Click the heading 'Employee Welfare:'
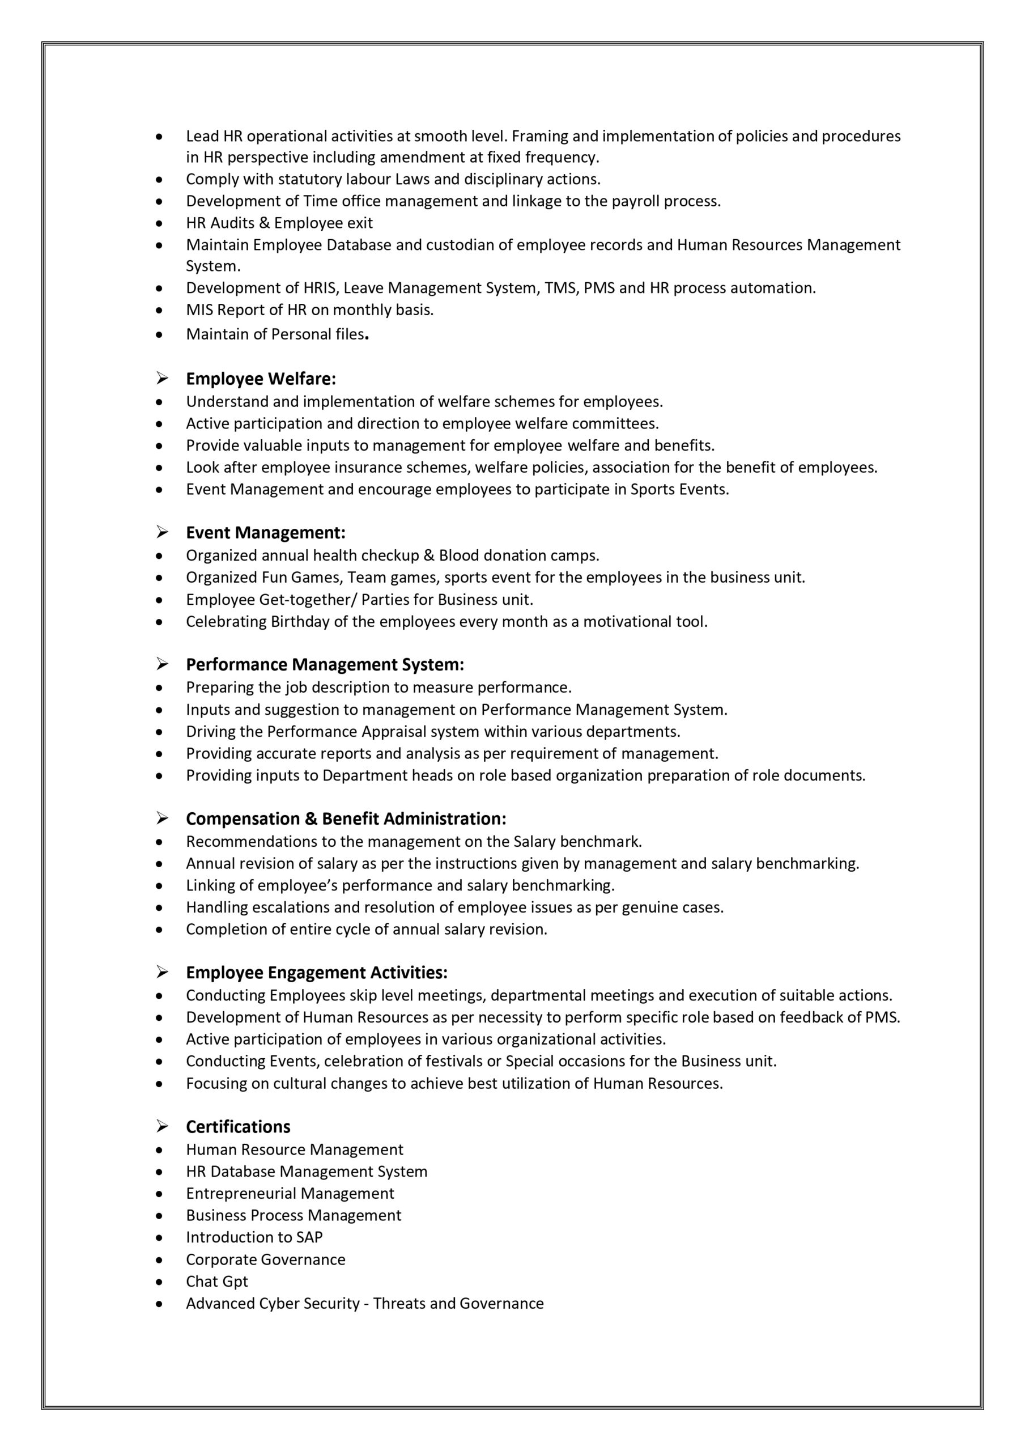(260, 379)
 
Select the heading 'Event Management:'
(265, 533)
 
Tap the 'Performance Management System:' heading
(325, 665)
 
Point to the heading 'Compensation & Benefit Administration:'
(346, 819)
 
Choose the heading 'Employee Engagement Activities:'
(317, 973)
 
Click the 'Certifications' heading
(237, 1127)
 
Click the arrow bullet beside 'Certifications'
(163, 1126)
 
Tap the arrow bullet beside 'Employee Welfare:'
(163, 379)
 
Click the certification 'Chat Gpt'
(217, 1281)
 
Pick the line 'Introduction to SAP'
(254, 1237)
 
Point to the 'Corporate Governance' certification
(265, 1259)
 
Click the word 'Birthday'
(300, 622)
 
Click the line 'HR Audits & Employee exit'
(279, 223)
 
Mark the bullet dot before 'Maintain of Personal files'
(160, 335)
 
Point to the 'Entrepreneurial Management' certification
(290, 1193)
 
